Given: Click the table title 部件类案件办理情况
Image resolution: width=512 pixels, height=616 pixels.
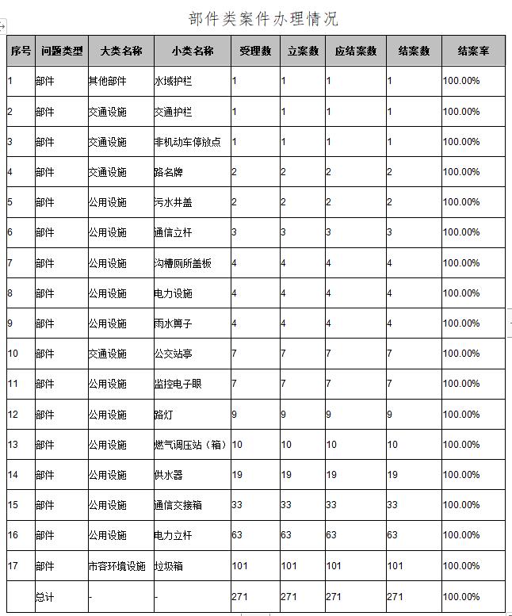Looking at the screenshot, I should tap(263, 19).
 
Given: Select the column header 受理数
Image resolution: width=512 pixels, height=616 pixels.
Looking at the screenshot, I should tap(255, 51).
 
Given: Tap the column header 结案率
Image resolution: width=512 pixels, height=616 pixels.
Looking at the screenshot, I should tap(473, 51).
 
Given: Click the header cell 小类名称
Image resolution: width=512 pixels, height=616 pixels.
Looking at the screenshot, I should tap(193, 51).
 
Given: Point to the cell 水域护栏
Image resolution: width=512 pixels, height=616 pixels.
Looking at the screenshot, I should tap(173, 81).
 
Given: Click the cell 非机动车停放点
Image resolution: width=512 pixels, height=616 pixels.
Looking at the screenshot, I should tap(187, 142).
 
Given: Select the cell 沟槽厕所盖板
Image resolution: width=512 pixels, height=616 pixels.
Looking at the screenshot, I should tap(182, 263).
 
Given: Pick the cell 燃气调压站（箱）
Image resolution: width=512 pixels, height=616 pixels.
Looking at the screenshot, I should tap(190, 445).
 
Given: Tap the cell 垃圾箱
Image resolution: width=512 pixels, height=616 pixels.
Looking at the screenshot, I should tap(168, 566).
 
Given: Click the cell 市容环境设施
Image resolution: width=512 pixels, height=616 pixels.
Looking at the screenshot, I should tap(117, 566).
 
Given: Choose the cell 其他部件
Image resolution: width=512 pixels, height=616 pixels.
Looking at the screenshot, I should tap(107, 81).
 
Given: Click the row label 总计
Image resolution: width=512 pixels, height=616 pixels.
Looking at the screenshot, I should tap(45, 597).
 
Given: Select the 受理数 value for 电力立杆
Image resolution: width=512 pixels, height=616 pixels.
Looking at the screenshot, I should tap(237, 535).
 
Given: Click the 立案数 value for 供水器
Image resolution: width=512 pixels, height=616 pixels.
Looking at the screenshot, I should tap(286, 475).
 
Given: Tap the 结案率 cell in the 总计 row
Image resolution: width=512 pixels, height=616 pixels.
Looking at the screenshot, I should tap(460, 597).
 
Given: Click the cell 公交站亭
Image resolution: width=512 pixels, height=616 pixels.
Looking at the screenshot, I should tap(173, 354).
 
